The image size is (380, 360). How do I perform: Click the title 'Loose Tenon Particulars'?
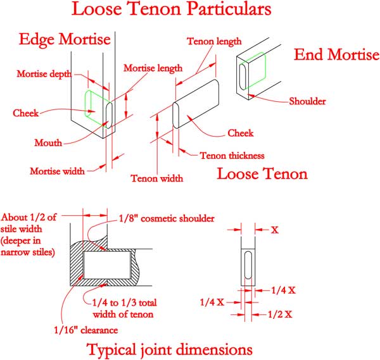coord(172,10)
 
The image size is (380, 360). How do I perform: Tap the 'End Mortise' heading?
coord(336,54)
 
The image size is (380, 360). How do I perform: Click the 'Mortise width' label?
coord(58,171)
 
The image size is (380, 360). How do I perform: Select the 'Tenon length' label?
coord(214,42)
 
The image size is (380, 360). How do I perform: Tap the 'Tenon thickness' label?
coord(231,155)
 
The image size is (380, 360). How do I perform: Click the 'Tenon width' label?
coord(156,178)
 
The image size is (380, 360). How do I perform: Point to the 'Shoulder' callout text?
coord(307,101)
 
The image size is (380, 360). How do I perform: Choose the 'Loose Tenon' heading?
coord(262,173)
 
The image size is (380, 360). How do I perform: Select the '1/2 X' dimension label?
coord(279,314)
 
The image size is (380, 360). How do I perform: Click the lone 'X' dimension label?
coord(275,230)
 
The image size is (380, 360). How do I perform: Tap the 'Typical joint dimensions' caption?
coord(170,349)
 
